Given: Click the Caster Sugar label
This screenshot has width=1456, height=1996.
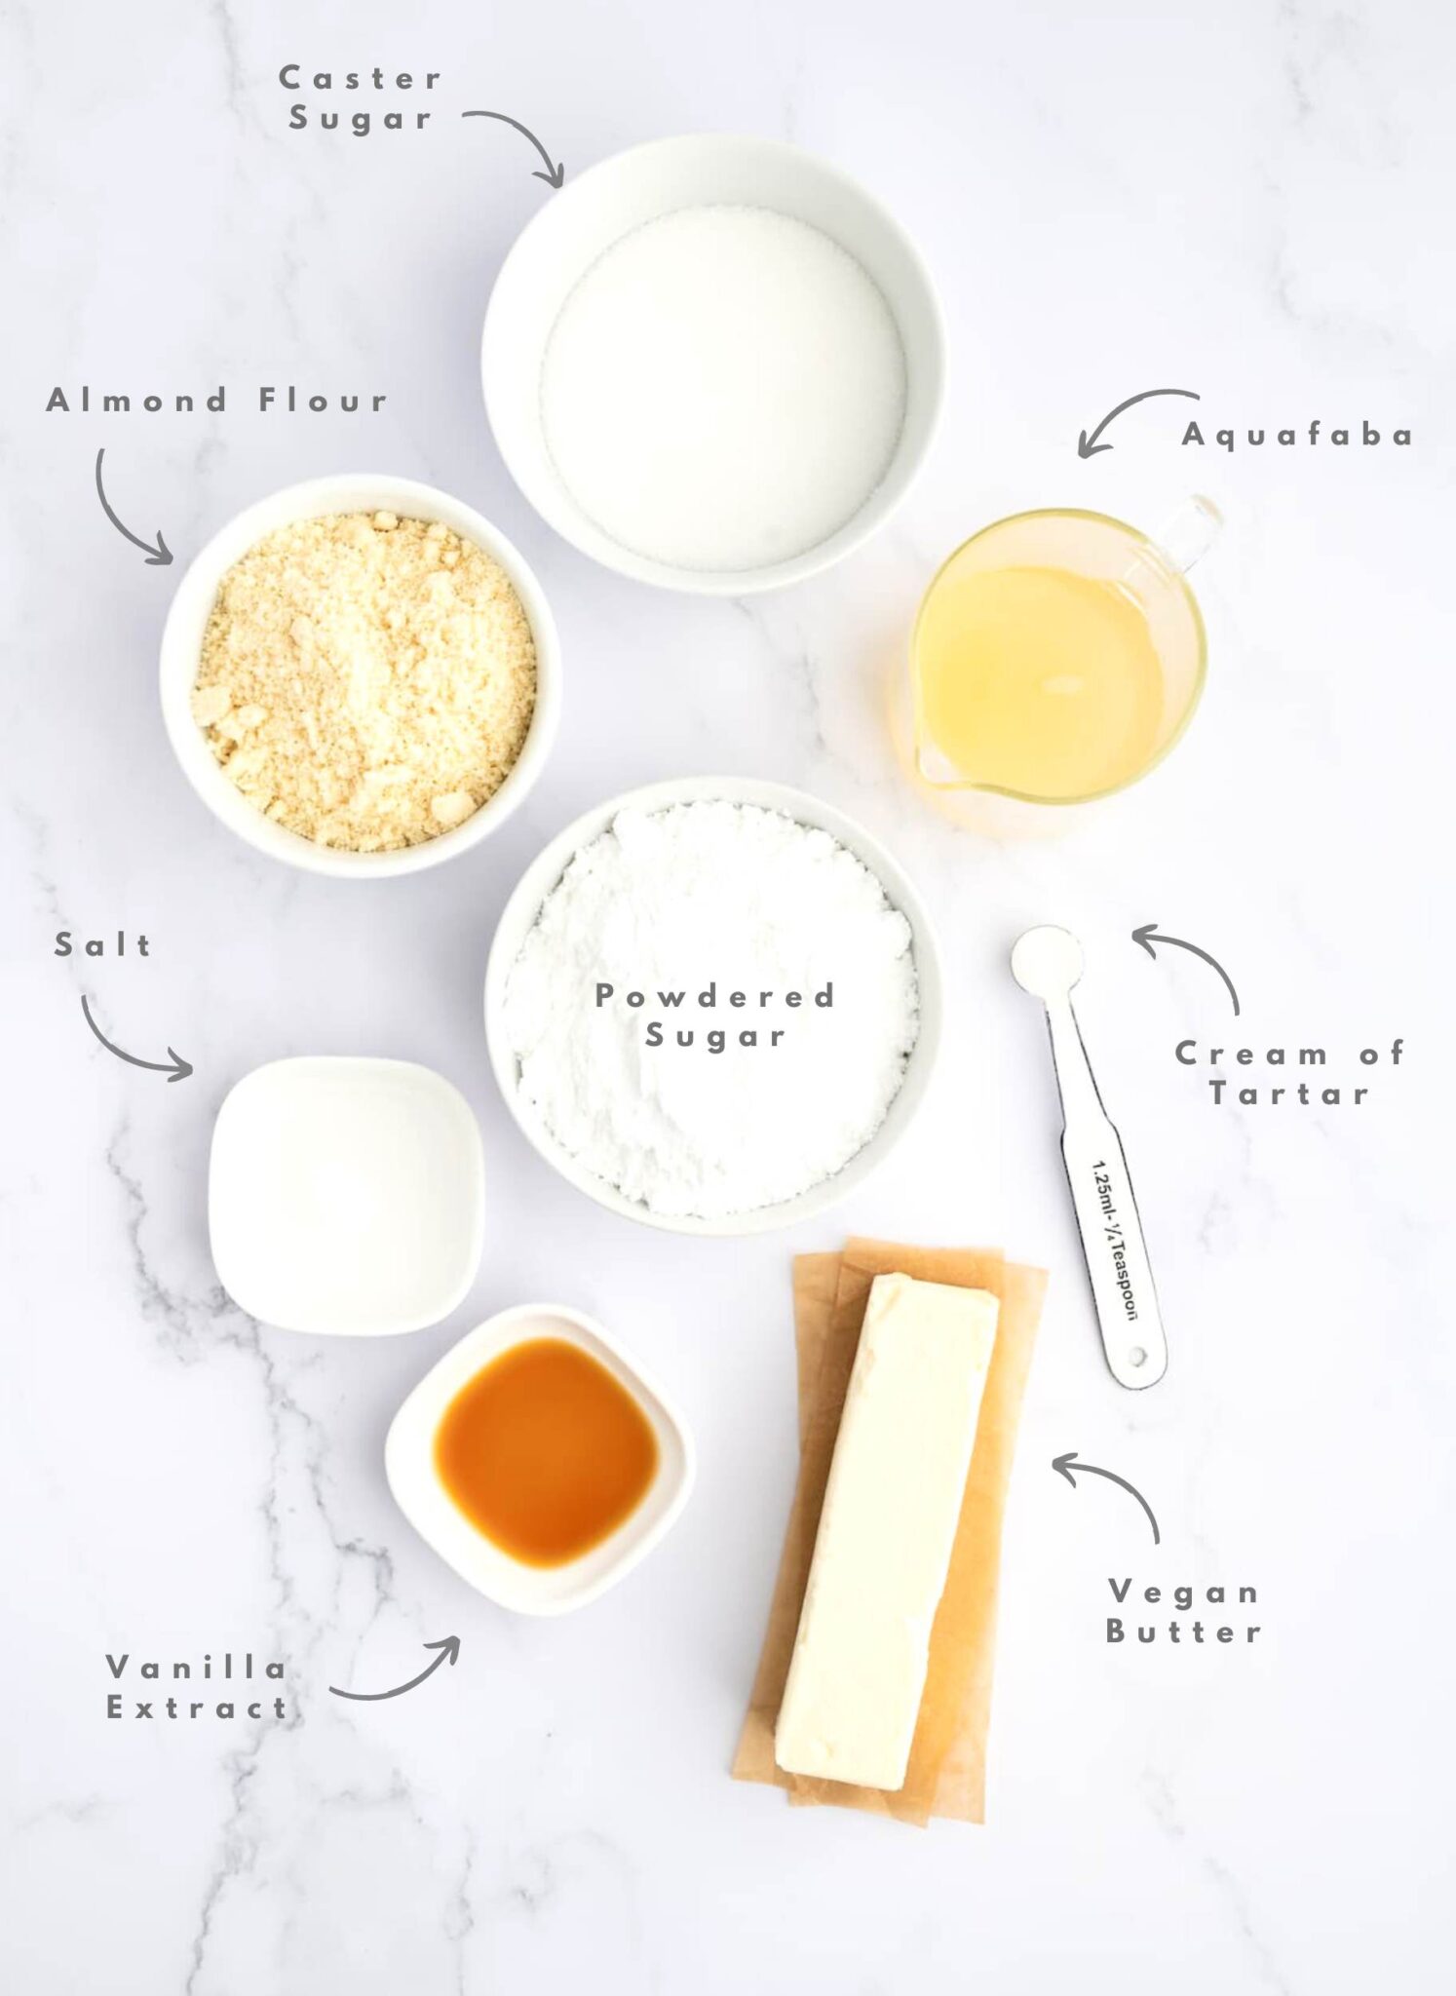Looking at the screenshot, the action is pos(361,98).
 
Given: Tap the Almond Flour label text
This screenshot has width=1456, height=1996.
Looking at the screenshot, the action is pos(217,400).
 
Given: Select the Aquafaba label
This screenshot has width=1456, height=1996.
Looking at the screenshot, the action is pos(1297,435).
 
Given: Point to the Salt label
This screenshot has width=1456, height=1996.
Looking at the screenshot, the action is pos(103,944).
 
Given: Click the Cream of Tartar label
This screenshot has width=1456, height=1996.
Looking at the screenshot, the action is pos(1289,1073).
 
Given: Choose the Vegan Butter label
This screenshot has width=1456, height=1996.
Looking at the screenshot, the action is pos(1183,1611).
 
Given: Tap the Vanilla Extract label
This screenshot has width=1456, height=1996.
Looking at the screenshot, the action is pos(197,1687).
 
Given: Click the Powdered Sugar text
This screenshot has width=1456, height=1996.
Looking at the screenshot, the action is pos(715,1016).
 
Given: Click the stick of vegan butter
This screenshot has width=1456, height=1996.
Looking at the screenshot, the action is pos(887,1530).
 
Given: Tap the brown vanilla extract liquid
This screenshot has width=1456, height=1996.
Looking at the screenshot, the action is pos(547,1452).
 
